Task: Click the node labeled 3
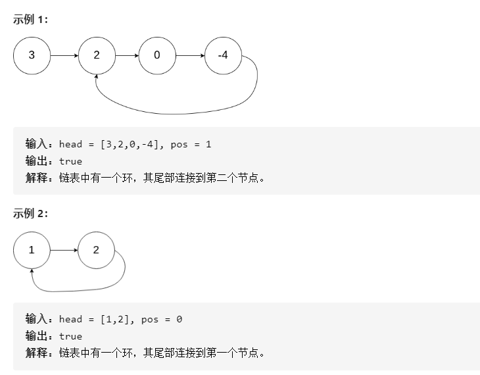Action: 32,55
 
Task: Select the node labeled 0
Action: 156,55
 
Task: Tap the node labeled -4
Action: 223,55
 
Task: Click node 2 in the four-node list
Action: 96,55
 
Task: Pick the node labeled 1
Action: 32,250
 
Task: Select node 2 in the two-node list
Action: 96,250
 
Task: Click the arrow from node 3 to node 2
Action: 64,55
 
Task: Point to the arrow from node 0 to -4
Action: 190,55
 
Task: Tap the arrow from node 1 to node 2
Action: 64,250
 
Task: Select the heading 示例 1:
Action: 30,19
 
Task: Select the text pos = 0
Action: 160,319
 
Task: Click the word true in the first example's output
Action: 70,161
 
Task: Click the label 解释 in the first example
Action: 36,178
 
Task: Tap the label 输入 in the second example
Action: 36,319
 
